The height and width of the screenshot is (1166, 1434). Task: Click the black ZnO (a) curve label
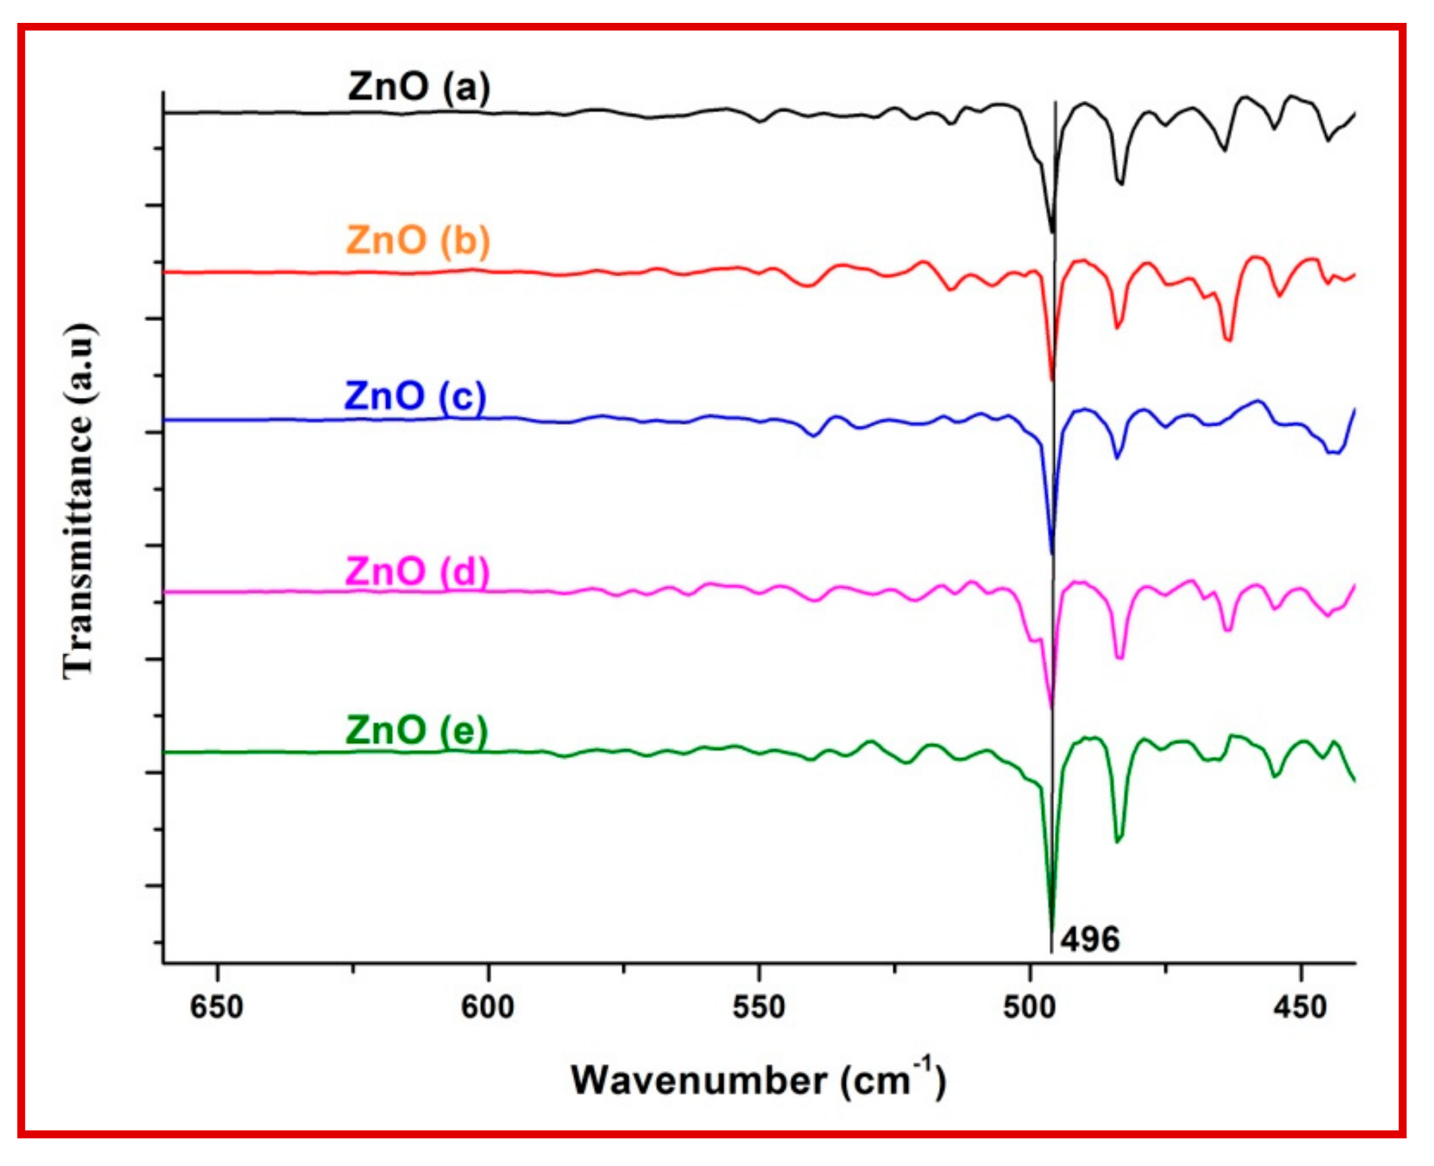[419, 88]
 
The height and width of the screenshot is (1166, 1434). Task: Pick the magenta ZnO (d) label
[417, 572]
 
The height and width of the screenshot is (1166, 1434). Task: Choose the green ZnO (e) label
[416, 730]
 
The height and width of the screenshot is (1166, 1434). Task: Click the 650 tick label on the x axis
[217, 1008]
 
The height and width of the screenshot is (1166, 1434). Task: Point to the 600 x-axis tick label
[488, 1008]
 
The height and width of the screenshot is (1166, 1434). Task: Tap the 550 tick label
[759, 1008]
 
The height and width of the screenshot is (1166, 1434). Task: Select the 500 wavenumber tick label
[1030, 1008]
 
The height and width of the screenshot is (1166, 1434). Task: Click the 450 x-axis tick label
[1301, 1008]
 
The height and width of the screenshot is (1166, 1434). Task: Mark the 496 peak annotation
[1090, 940]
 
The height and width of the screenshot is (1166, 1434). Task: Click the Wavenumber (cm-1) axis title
[758, 1081]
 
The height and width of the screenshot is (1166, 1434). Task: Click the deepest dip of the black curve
[1053, 232]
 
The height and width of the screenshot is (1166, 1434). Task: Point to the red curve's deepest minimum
[1052, 380]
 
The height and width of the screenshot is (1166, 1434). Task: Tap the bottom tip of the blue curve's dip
[1052, 553]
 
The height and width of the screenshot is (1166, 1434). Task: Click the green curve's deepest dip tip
[1051, 929]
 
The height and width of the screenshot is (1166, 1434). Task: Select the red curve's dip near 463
[1229, 341]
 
